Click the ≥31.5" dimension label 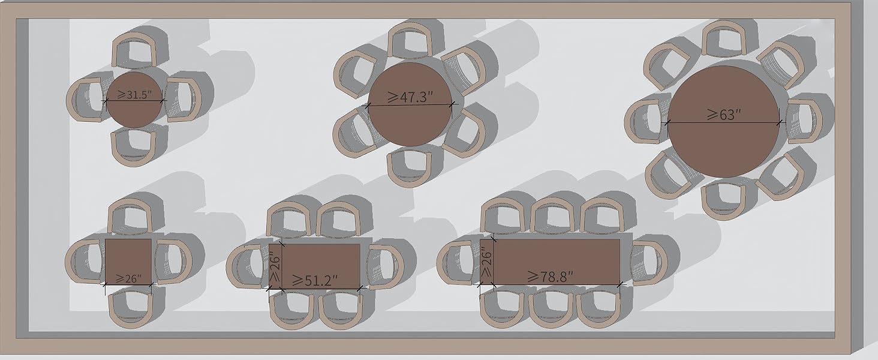(134, 95)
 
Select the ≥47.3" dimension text (410, 97)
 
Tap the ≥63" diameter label (724, 115)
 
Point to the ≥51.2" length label (315, 280)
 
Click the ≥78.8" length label (551, 277)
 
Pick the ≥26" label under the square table (128, 279)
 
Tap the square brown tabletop (128, 261)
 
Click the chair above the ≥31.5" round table (134, 50)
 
